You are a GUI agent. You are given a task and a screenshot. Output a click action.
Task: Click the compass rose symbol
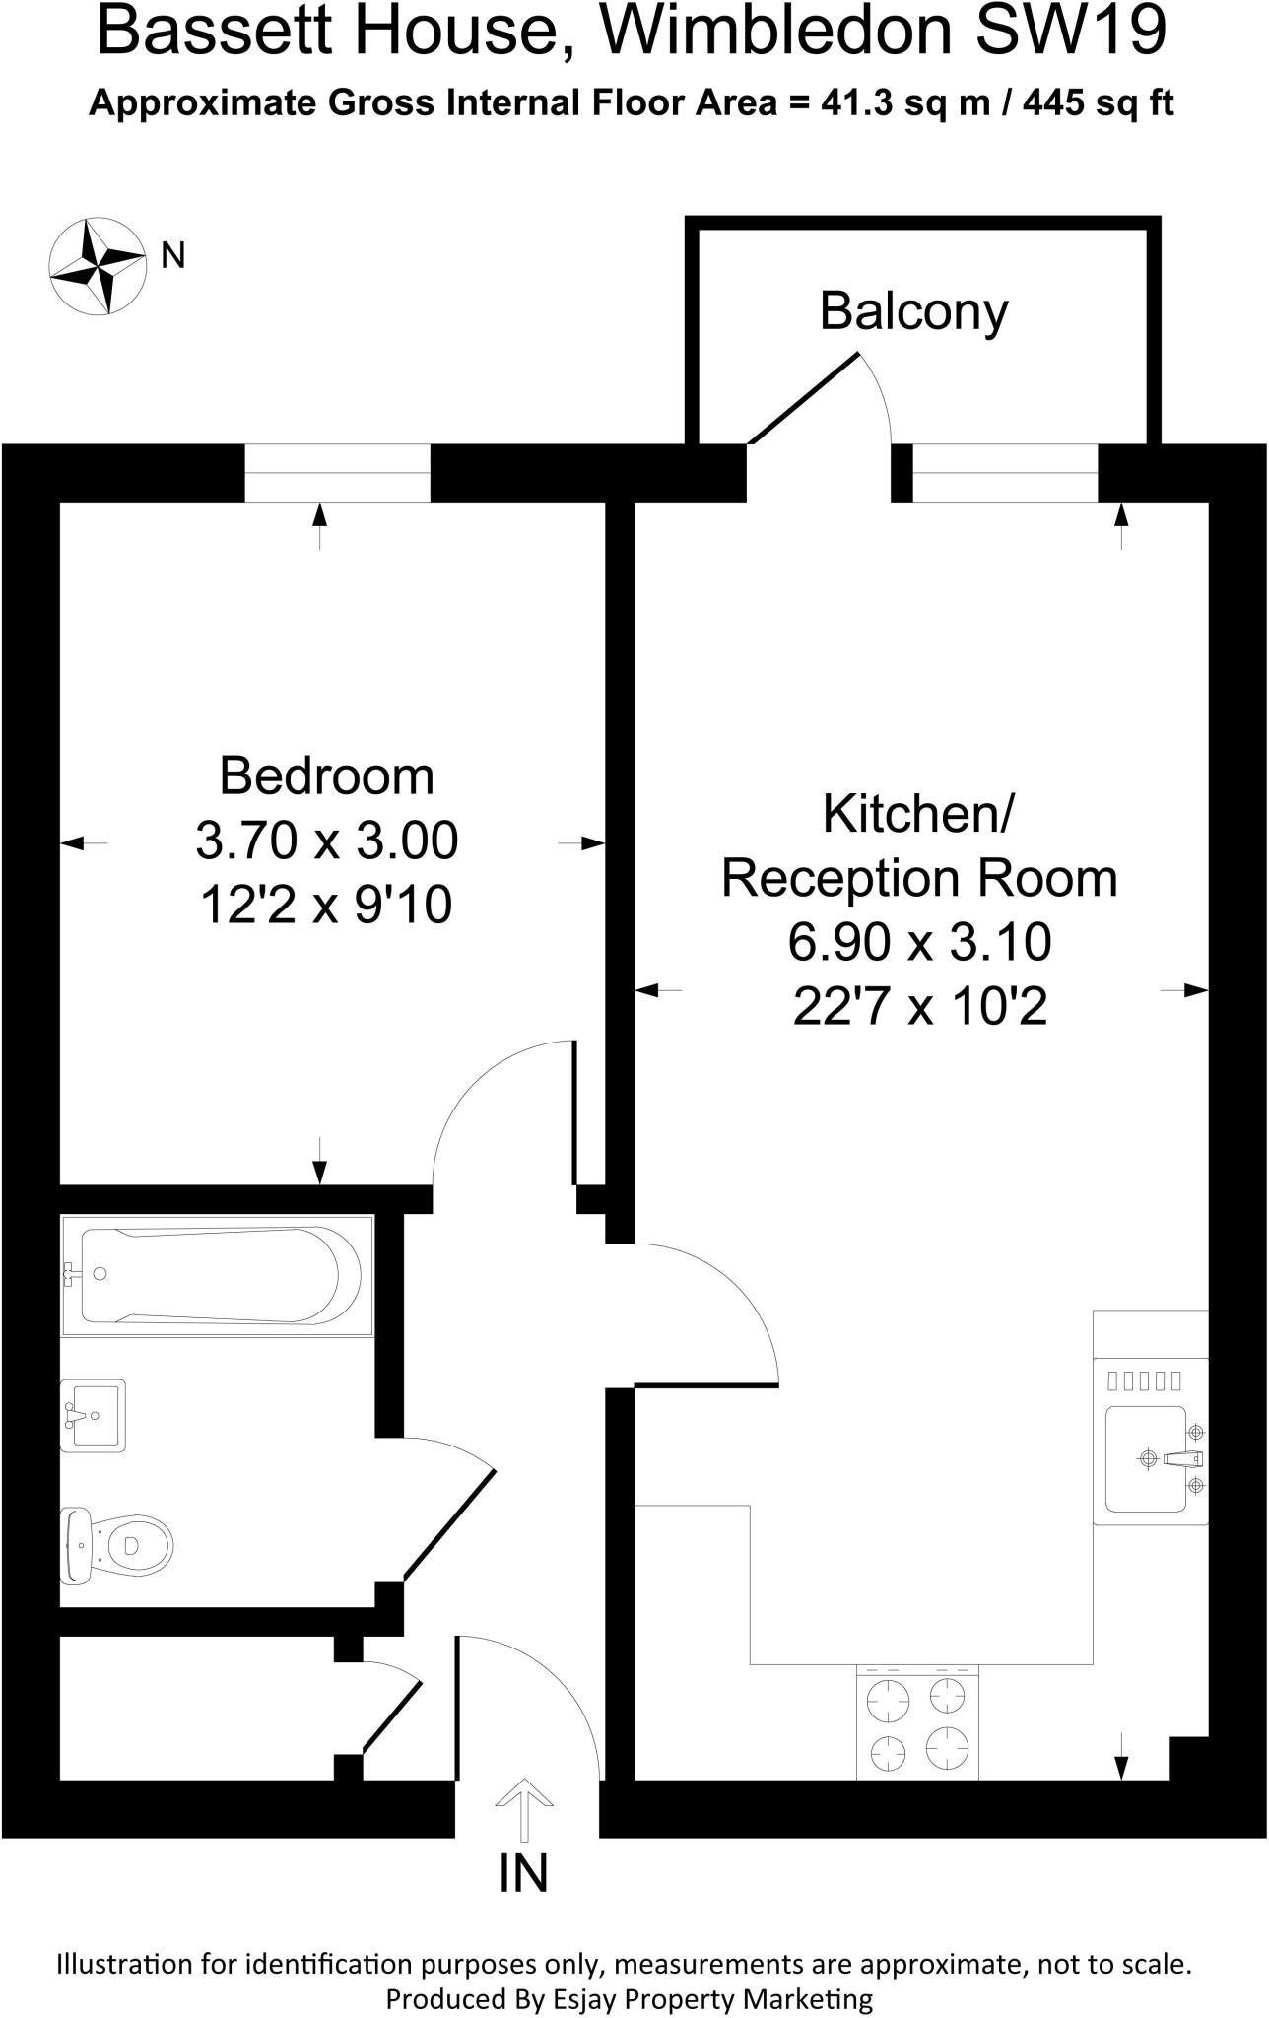pyautogui.click(x=98, y=267)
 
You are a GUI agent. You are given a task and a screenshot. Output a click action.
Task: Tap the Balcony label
pyautogui.click(x=913, y=311)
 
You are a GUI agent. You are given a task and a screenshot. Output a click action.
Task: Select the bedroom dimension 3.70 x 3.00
pyautogui.click(x=326, y=841)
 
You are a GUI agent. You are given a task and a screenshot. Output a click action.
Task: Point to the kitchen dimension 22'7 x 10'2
pyautogui.click(x=919, y=1007)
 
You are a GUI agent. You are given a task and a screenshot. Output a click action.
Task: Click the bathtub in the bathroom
pyautogui.click(x=218, y=1275)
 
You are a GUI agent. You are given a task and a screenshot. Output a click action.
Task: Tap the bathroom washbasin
pyautogui.click(x=94, y=1416)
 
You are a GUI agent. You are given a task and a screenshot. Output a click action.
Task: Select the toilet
pyautogui.click(x=118, y=1545)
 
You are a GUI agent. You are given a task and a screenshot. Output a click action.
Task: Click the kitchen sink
pyautogui.click(x=1147, y=1458)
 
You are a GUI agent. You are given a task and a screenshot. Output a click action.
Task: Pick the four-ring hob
pyautogui.click(x=917, y=1723)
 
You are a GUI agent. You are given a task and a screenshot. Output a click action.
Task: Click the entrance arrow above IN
pyautogui.click(x=523, y=1810)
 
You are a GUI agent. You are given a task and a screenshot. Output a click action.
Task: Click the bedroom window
pyautogui.click(x=337, y=473)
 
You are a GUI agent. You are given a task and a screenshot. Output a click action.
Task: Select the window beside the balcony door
pyautogui.click(x=1004, y=473)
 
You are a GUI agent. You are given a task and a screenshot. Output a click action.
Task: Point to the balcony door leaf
pyautogui.click(x=804, y=400)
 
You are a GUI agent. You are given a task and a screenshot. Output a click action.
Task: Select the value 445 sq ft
pyautogui.click(x=1098, y=103)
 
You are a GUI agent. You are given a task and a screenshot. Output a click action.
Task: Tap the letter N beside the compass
pyautogui.click(x=173, y=256)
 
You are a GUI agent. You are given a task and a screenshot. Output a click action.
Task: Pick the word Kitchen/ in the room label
pyautogui.click(x=918, y=814)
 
